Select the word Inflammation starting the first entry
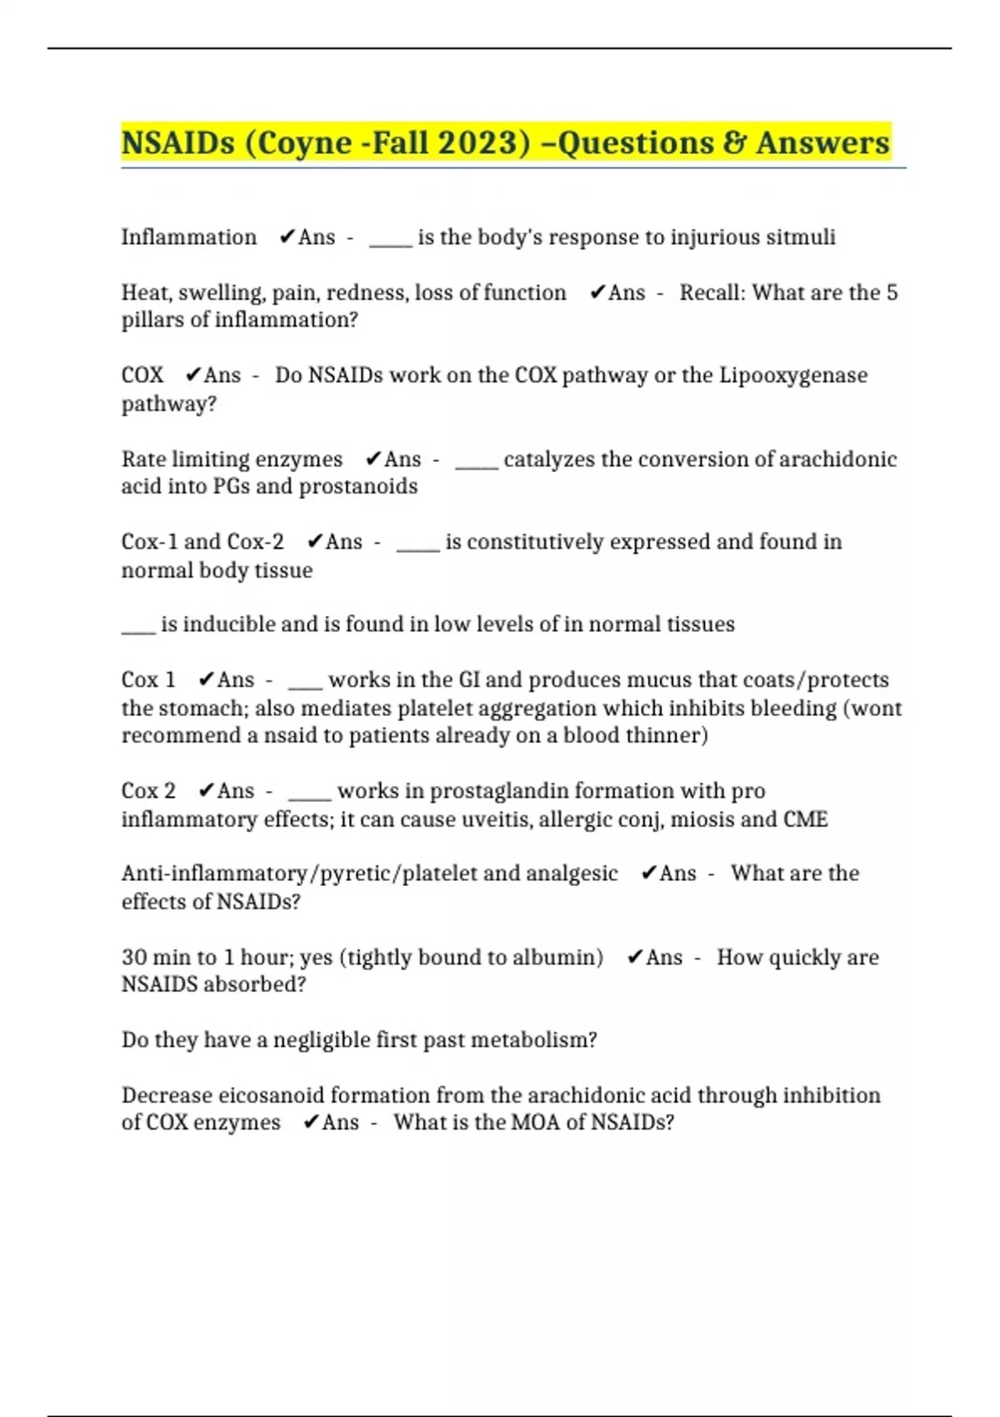pyautogui.click(x=189, y=238)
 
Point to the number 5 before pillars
pyautogui.click(x=892, y=293)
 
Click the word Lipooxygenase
pyautogui.click(x=792, y=376)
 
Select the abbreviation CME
pyautogui.click(x=805, y=819)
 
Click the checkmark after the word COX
pyautogui.click(x=193, y=375)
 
